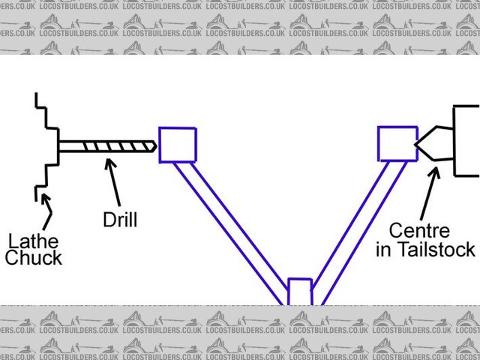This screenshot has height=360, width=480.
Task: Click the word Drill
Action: pyautogui.click(x=121, y=220)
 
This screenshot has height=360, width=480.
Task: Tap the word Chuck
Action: pyautogui.click(x=33, y=259)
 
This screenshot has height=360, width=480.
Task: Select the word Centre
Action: pyautogui.click(x=419, y=231)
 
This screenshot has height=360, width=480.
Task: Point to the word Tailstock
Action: pyautogui.click(x=436, y=250)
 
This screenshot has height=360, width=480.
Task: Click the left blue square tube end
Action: pyautogui.click(x=178, y=145)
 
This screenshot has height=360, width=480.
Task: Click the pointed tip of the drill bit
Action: pyautogui.click(x=153, y=146)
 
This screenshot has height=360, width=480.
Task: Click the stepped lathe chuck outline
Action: pyautogui.click(x=47, y=146)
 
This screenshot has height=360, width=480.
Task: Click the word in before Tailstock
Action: pyautogui.click(x=384, y=250)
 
